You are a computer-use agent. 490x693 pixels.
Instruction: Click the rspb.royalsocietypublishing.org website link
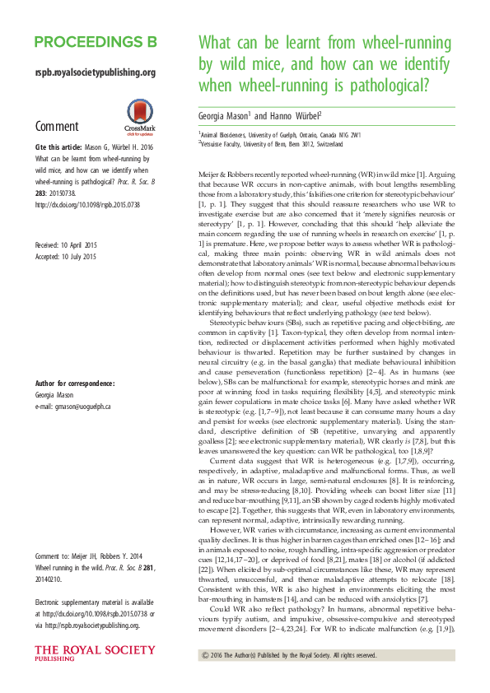point(96,72)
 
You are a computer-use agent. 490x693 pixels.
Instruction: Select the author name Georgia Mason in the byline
point(225,114)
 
